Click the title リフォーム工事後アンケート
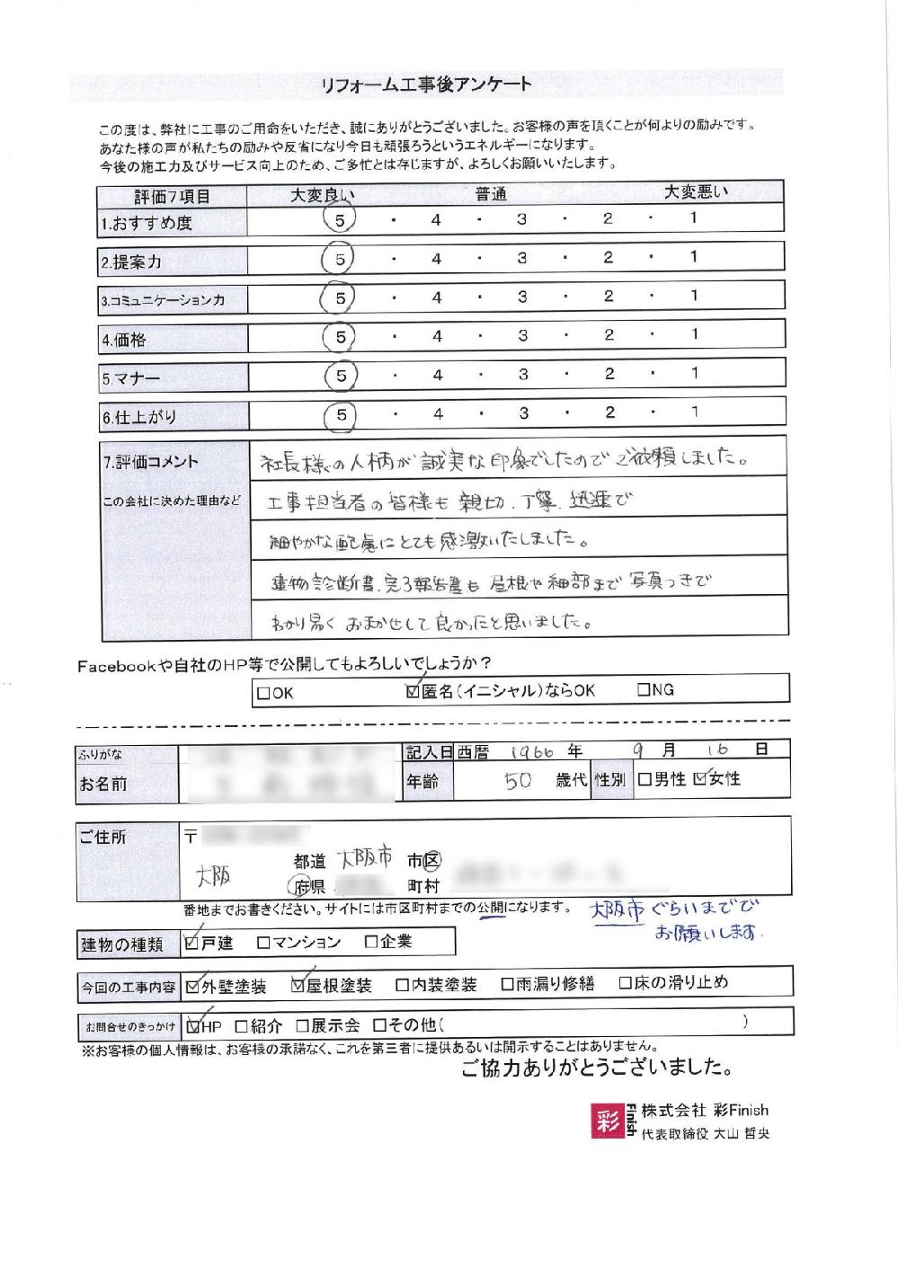tap(425, 85)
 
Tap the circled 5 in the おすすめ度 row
tap(340, 218)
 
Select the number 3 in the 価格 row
tap(522, 335)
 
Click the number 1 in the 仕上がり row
tap(695, 412)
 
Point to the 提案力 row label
tap(132, 262)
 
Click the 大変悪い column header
tap(696, 191)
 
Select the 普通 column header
tap(492, 193)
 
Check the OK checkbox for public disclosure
tap(263, 693)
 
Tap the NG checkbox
tap(644, 690)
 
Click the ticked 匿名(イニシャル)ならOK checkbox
tap(413, 691)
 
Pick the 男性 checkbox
tap(645, 779)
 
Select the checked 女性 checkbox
tap(700, 779)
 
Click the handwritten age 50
tap(518, 780)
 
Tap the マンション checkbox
tap(263, 943)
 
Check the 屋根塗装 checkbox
tap(298, 985)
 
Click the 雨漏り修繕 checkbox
tap(508, 984)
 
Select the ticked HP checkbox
tap(194, 1025)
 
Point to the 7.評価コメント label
tap(150, 462)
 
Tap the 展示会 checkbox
tap(303, 1025)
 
